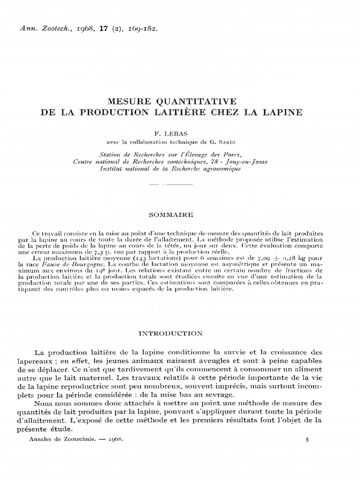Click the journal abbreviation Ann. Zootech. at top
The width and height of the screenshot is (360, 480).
pos(43,28)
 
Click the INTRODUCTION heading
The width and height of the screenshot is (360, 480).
pos(180,334)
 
